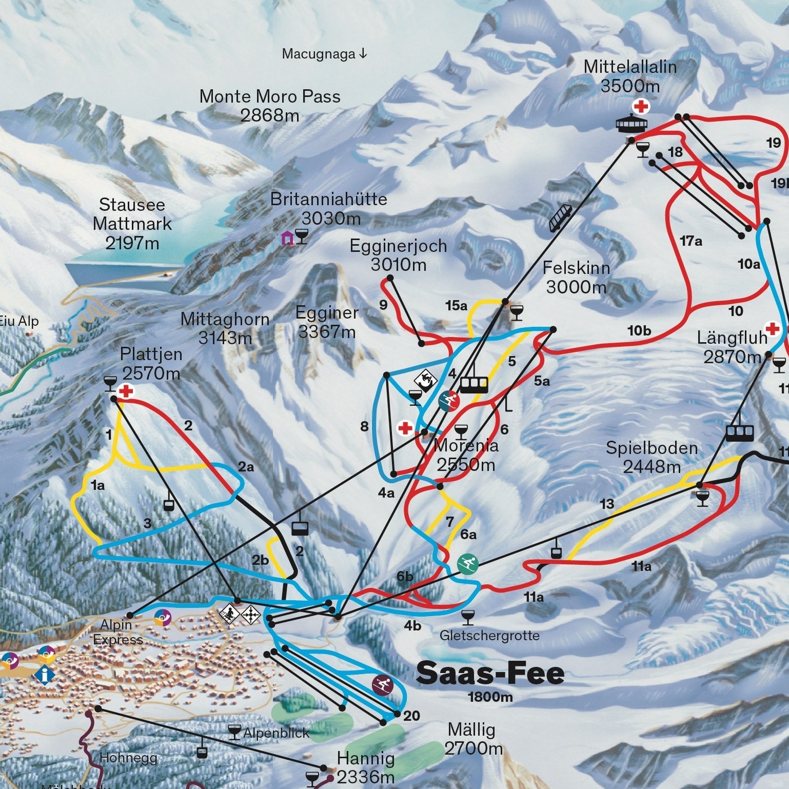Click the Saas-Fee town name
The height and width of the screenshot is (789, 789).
click(x=490, y=673)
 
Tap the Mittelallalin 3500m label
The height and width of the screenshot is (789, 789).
click(x=630, y=76)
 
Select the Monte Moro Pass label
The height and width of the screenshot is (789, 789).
click(x=270, y=105)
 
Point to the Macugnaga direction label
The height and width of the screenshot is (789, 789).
click(x=324, y=54)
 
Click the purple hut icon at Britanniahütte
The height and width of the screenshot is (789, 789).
click(x=287, y=238)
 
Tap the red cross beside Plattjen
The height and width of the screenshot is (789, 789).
click(x=126, y=391)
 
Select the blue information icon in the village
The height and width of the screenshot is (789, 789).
click(x=45, y=675)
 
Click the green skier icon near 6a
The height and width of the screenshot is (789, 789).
click(x=467, y=564)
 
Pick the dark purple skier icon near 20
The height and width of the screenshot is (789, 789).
click(x=383, y=685)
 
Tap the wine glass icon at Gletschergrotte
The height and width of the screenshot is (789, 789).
click(x=467, y=617)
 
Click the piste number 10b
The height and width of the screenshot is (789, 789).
click(x=639, y=331)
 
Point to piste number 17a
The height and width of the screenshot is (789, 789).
click(x=691, y=241)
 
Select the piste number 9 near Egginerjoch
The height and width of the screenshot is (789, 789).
click(x=383, y=305)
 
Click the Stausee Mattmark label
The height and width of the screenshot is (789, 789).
click(x=132, y=224)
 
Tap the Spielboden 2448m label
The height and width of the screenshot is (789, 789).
click(x=652, y=457)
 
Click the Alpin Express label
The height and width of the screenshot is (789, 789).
click(x=117, y=632)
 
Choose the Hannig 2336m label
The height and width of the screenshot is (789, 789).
click(x=366, y=767)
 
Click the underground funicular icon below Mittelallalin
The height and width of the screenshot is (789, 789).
click(x=560, y=218)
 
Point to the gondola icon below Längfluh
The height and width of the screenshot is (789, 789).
click(x=740, y=433)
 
